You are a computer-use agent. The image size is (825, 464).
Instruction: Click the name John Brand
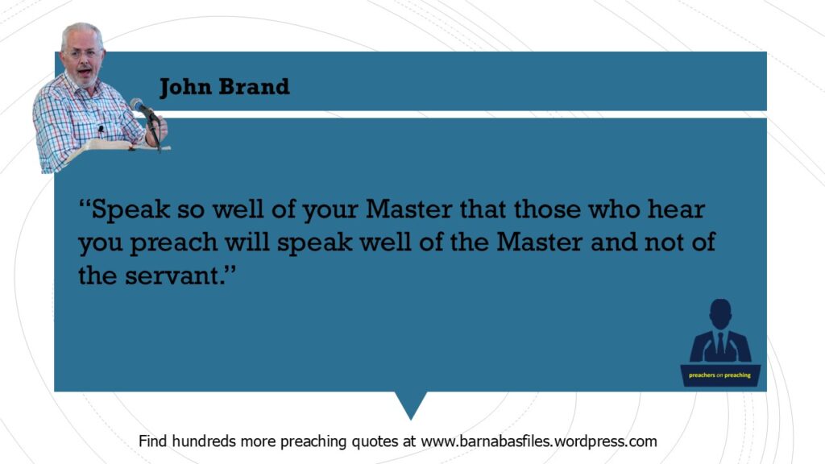click(225, 87)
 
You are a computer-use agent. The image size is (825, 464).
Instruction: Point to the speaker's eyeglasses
click(84, 53)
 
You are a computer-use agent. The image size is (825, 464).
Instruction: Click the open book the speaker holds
click(117, 148)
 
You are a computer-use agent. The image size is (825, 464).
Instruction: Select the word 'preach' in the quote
click(174, 242)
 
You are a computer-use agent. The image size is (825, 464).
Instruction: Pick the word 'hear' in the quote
click(676, 209)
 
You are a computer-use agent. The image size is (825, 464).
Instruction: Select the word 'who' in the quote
click(613, 209)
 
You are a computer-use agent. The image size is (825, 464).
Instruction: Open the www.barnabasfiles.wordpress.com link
click(539, 441)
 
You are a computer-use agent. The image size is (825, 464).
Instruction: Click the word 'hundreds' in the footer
click(204, 441)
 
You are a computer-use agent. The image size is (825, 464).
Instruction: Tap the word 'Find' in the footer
click(152, 441)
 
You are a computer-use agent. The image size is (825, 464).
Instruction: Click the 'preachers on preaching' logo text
click(719, 375)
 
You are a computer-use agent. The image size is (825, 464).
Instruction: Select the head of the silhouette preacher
click(720, 313)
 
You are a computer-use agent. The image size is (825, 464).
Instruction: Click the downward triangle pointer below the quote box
click(411, 403)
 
